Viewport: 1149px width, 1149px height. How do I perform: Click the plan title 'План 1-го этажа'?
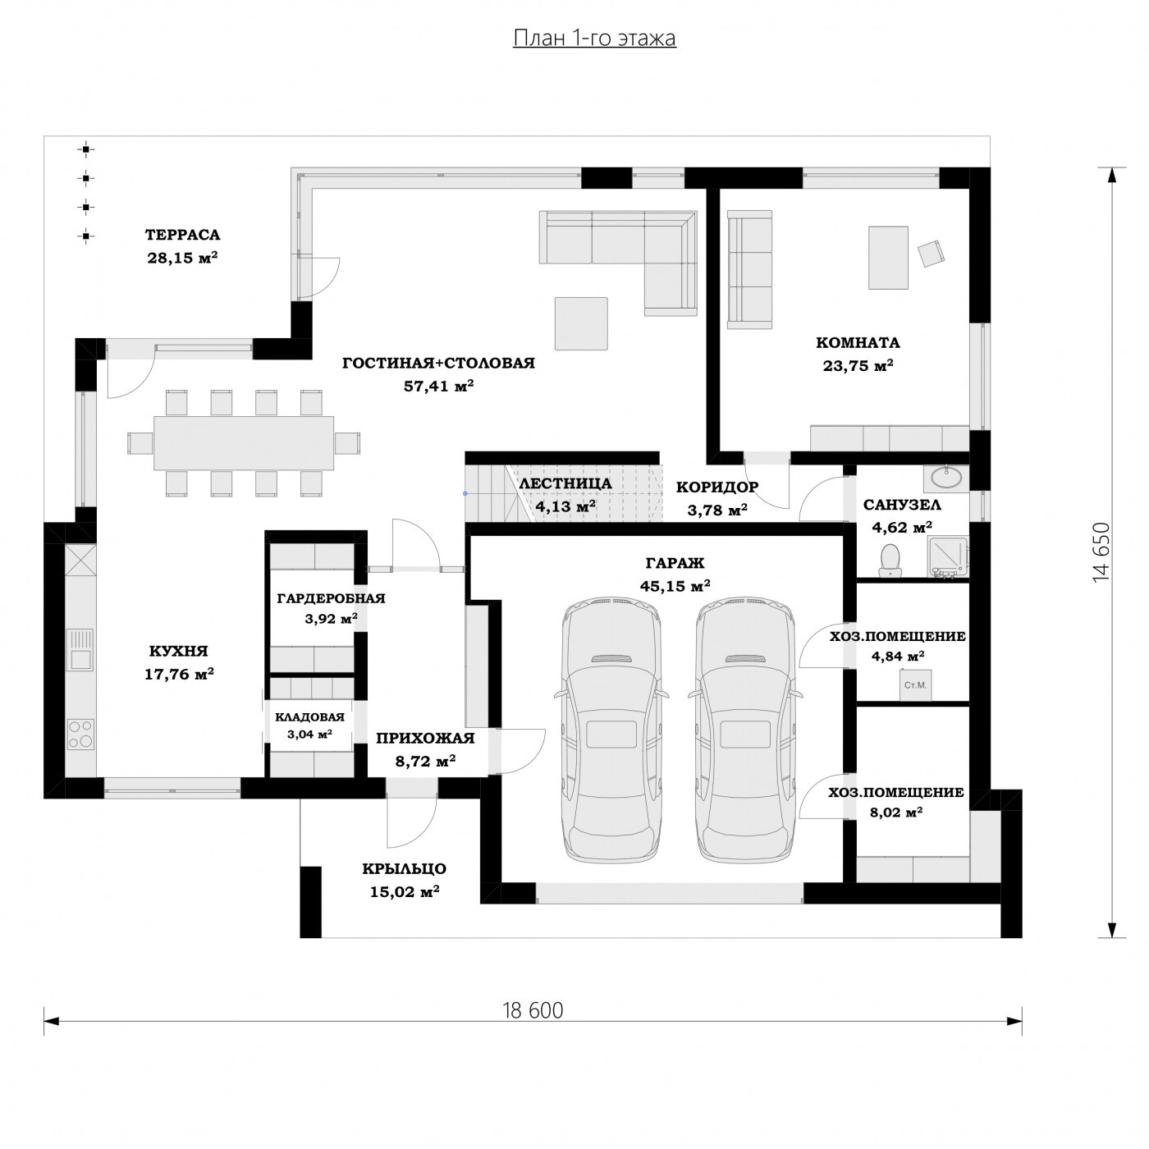coord(594,38)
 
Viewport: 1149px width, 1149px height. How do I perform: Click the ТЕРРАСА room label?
coord(182,235)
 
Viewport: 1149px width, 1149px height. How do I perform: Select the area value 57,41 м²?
coord(439,386)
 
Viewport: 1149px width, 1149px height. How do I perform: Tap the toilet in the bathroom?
coord(890,559)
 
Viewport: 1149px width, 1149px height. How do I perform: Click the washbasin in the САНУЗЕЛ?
coord(945,477)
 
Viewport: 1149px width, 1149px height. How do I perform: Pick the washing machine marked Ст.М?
coord(915,685)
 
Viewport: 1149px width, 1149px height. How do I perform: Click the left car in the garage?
coord(611,731)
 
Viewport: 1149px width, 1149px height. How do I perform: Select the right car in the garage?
coord(745,731)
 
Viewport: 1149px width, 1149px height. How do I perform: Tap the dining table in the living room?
coord(244,443)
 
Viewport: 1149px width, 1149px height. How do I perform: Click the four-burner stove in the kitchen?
coord(80,734)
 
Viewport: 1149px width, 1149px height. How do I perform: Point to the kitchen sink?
coord(80,650)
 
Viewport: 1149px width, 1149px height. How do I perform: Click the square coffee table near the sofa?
coord(581,323)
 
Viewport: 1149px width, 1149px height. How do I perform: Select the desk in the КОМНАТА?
coord(888,258)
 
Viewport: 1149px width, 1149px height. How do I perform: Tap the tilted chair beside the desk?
coord(932,254)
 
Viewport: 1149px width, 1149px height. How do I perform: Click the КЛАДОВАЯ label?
coord(310,717)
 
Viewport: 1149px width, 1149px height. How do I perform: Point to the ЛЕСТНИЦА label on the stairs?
coord(565,483)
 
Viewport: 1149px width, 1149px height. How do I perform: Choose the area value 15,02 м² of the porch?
coord(405,892)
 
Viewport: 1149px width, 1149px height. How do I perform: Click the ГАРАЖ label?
coord(675,563)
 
